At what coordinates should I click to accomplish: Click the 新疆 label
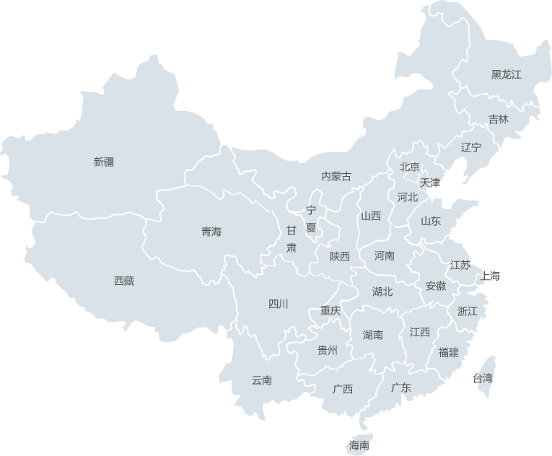[104, 162]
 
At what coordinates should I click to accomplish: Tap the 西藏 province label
[124, 281]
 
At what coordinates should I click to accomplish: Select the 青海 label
[211, 232]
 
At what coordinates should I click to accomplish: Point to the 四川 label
[278, 304]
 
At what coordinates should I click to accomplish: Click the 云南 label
[262, 380]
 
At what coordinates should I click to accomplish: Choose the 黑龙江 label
[507, 74]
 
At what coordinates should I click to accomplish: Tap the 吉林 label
[499, 119]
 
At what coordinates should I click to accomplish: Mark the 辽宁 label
[471, 147]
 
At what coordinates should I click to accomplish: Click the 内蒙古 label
[336, 176]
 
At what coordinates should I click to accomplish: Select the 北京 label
[410, 167]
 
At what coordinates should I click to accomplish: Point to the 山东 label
[430, 221]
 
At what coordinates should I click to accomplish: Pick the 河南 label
[385, 255]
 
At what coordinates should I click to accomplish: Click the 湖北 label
[382, 291]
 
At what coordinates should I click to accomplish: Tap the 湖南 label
[373, 334]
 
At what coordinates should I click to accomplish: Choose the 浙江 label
[468, 311]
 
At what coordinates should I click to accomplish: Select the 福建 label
[448, 352]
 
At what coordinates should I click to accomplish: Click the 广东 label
[401, 387]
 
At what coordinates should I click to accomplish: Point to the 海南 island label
[359, 445]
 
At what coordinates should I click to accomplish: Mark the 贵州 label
[328, 351]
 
